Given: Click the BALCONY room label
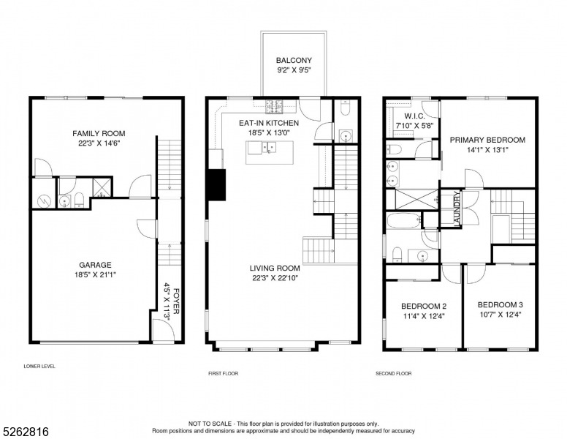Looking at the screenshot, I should coord(294,61).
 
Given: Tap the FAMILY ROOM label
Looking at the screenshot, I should coord(98,133).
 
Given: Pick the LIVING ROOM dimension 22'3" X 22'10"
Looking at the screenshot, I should coord(274,277).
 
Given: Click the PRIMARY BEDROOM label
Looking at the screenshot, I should coord(487,140).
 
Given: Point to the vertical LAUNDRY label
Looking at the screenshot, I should coord(457,209).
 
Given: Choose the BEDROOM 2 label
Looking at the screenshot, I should coord(423,306).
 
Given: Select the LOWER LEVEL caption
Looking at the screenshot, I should coord(39,366).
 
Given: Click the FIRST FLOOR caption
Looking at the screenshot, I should coord(223,373).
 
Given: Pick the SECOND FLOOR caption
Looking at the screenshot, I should coord(393,373).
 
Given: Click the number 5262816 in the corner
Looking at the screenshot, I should coord(25,431).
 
